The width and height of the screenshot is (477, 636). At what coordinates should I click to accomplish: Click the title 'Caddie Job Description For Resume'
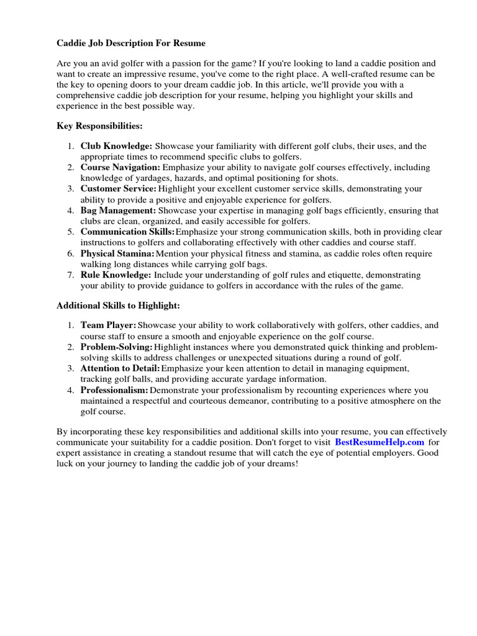(131, 43)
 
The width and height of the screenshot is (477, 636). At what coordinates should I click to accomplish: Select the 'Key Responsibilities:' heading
(99, 126)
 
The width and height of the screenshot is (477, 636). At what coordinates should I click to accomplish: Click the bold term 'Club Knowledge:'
(116, 146)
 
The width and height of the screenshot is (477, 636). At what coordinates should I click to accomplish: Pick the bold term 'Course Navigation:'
(120, 167)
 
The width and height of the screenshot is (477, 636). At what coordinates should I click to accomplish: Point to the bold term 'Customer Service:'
(118, 189)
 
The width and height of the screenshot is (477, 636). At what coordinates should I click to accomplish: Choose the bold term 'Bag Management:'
(117, 211)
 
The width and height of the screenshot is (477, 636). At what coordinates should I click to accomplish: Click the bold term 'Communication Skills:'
(127, 232)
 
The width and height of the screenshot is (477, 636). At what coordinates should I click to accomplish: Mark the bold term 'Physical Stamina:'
(117, 253)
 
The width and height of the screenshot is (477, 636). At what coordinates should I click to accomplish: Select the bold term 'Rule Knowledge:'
(116, 275)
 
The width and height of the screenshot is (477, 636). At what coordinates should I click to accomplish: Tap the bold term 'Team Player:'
(108, 325)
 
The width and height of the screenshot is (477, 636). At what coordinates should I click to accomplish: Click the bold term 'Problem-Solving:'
(116, 347)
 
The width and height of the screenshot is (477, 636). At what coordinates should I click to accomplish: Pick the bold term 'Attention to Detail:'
(120, 368)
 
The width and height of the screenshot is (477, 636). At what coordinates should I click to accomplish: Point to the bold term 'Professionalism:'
(114, 390)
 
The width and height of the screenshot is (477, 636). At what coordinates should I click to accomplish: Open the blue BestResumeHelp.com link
(379, 442)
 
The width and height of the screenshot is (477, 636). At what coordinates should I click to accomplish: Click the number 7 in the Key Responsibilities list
(71, 275)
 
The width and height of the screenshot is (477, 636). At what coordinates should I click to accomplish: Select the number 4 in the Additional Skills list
(71, 390)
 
